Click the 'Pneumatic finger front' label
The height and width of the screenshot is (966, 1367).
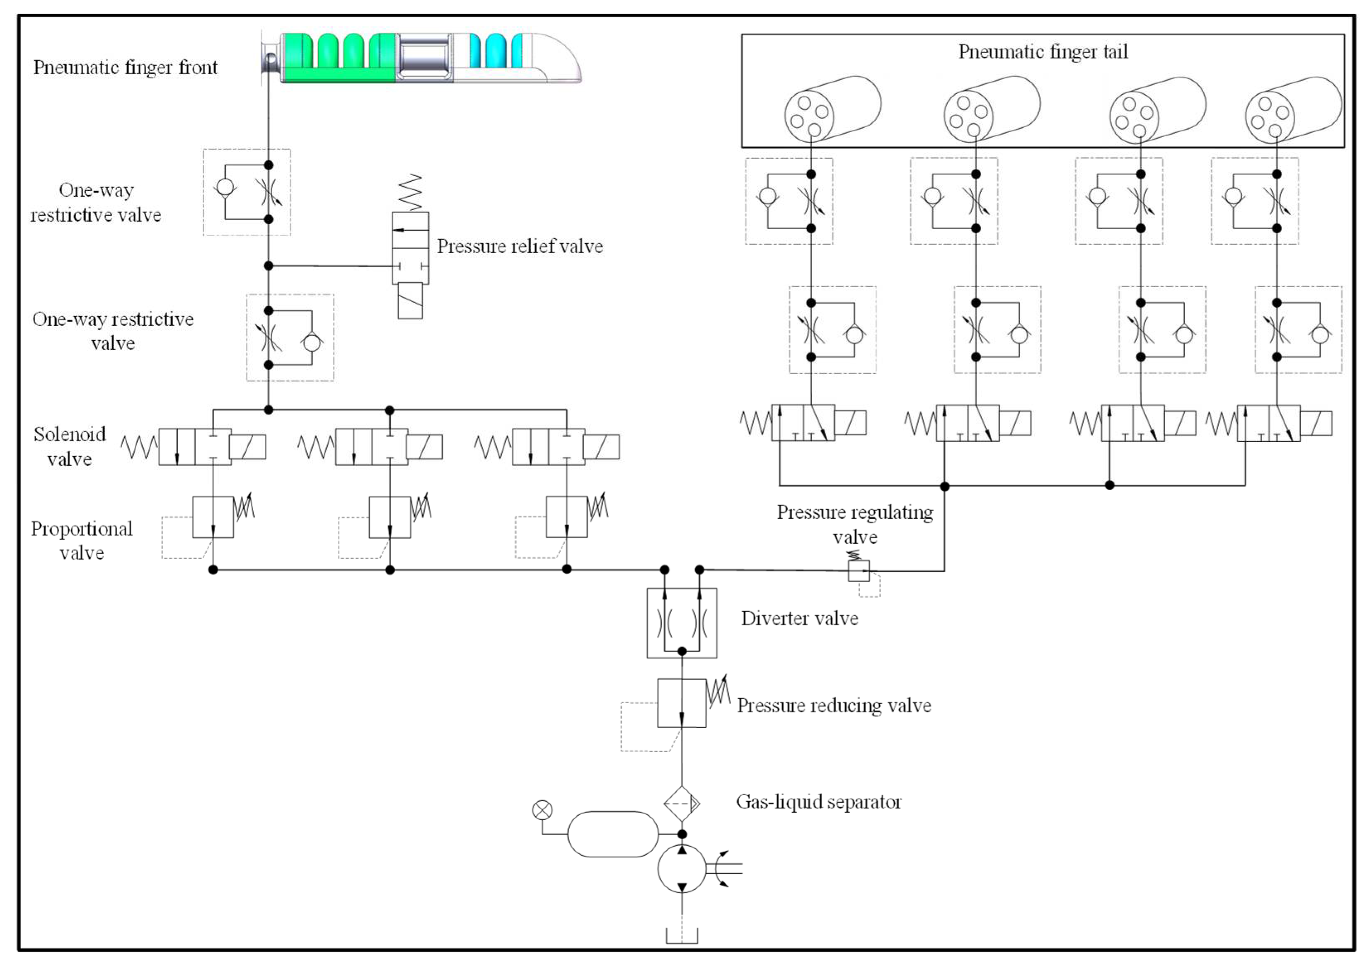click(125, 67)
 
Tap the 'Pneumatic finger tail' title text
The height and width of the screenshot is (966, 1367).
click(1043, 52)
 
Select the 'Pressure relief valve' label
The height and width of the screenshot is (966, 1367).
click(519, 246)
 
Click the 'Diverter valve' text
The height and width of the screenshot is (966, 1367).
click(799, 618)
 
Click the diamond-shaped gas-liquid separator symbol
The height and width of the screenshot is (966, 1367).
click(682, 804)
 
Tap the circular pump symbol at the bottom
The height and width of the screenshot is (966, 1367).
click(682, 868)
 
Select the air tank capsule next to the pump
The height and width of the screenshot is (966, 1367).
click(613, 834)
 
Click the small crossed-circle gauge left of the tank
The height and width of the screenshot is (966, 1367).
click(542, 810)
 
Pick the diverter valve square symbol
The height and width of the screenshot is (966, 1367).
click(682, 623)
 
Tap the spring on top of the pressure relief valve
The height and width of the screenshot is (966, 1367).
click(410, 192)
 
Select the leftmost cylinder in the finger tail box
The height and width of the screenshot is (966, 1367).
click(832, 109)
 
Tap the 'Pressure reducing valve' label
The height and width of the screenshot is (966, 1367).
click(834, 705)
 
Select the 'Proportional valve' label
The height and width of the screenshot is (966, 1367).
click(82, 540)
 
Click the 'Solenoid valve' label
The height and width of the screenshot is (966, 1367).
click(69, 446)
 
